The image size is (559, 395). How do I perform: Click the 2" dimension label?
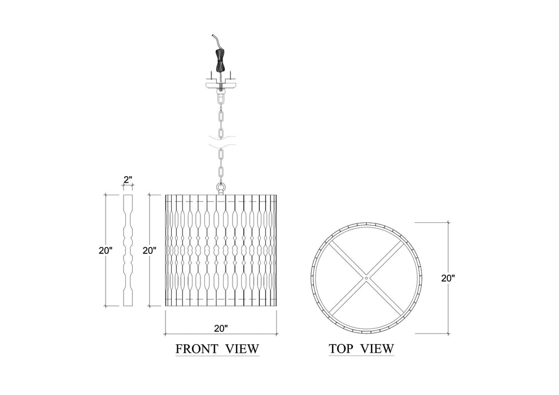point(128,180)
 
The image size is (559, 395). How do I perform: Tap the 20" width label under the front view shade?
point(221,327)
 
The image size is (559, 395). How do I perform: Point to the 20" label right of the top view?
point(448,278)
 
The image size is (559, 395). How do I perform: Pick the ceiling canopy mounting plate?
point(221,84)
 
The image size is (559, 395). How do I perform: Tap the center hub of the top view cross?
point(365,278)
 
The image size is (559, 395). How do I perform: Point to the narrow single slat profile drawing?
point(128,250)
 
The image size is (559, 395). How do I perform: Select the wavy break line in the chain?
point(221,138)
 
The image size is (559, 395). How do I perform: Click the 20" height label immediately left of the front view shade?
point(149,250)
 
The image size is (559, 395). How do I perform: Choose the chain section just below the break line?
point(221,164)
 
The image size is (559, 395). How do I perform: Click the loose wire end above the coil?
point(215,41)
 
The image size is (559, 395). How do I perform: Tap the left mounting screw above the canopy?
point(209,74)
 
